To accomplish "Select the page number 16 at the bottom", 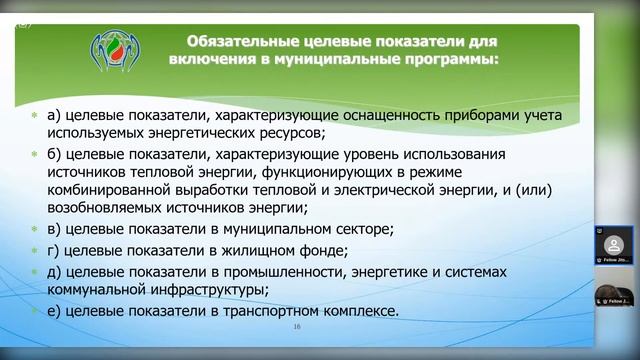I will click(x=296, y=327).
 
